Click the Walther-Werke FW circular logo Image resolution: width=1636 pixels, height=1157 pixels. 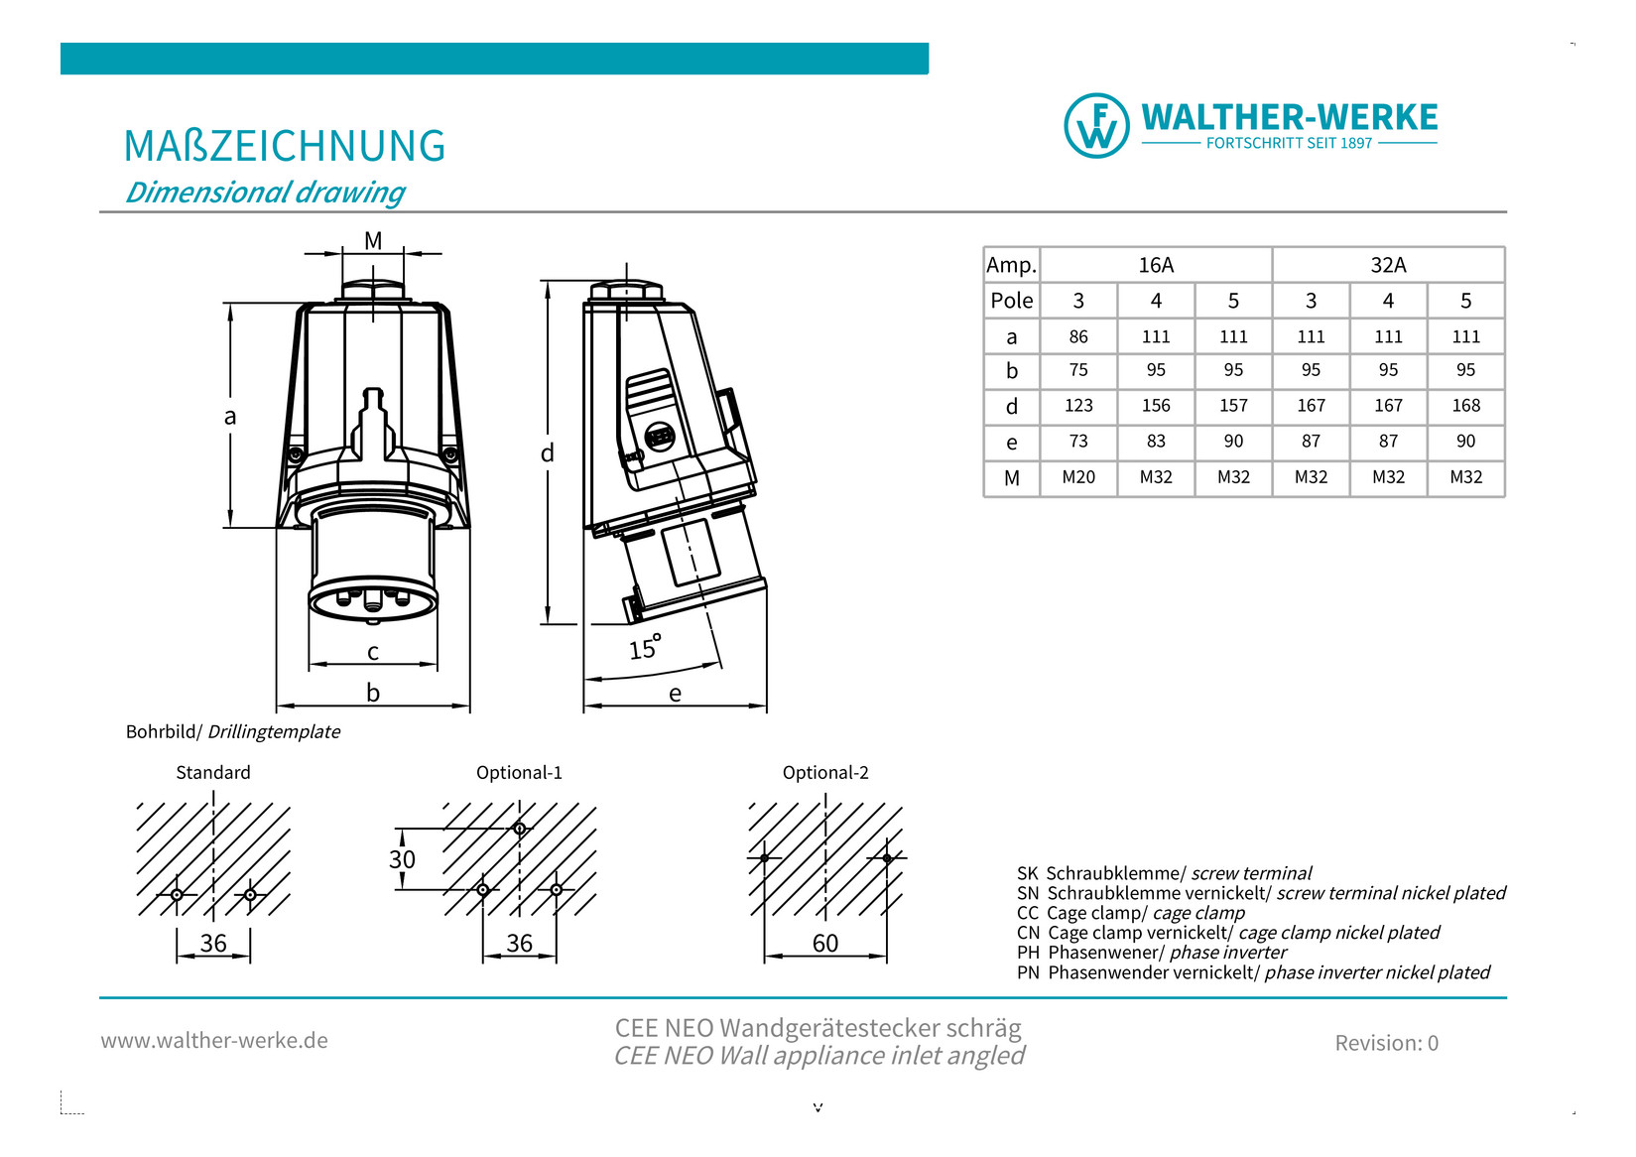point(1095,126)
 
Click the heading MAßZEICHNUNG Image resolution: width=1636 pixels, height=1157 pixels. point(285,146)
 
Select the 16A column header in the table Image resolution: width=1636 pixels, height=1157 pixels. point(1156,265)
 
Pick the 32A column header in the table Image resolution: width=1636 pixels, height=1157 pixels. point(1388,265)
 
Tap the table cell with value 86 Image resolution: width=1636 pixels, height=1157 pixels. point(1078,336)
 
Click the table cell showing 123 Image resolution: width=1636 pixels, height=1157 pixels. point(1078,406)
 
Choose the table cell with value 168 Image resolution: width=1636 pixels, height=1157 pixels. point(1465,406)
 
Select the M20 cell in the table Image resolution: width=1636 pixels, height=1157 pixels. point(1078,477)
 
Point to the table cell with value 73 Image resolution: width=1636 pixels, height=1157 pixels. point(1078,442)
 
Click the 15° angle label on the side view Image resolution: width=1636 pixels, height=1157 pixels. point(644,648)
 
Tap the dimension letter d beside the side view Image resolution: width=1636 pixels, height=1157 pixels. point(547,453)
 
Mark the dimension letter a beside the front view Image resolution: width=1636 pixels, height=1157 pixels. point(230,416)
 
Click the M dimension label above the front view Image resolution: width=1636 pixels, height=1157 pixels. point(373,241)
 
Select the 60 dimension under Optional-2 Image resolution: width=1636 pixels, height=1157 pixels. point(825,943)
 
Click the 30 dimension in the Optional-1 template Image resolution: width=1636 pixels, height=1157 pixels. point(402,859)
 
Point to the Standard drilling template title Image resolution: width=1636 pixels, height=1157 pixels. point(213,772)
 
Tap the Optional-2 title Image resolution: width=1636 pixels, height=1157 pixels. point(825,772)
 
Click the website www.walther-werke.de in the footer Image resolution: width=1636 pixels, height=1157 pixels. point(214,1040)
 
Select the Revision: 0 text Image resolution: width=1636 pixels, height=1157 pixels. point(1386,1043)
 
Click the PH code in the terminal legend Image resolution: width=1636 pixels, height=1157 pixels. point(1028,953)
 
